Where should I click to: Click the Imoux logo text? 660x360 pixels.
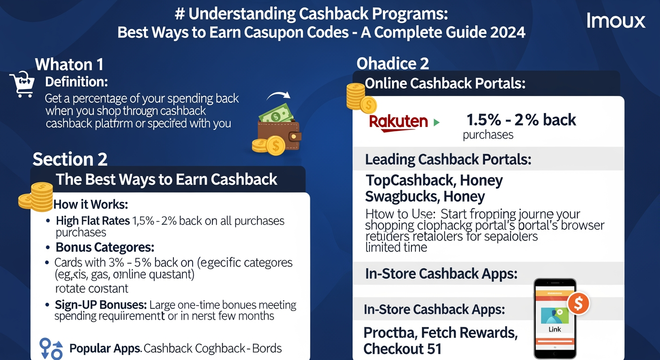pos(615,21)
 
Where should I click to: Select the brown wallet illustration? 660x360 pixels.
pos(279,136)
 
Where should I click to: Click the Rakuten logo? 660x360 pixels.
pos(398,122)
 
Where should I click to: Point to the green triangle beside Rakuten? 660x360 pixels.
pos(437,123)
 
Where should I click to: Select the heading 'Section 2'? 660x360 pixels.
pos(70,159)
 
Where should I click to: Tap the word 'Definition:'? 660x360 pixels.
pos(76,82)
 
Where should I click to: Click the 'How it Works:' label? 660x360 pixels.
pos(91,204)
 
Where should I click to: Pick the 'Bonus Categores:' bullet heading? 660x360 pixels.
pos(105,247)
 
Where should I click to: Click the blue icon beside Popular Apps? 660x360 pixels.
pos(51,349)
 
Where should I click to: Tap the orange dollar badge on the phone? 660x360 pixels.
pos(578,304)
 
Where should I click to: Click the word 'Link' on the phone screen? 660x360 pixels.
pos(555,329)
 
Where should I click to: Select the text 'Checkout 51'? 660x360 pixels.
pos(402,349)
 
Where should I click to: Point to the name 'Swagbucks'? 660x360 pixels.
pos(402,196)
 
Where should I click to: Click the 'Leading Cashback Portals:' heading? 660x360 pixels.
pos(448,159)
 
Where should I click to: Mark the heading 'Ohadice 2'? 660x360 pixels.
pos(393,63)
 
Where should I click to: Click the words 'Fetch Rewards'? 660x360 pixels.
pos(469,333)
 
